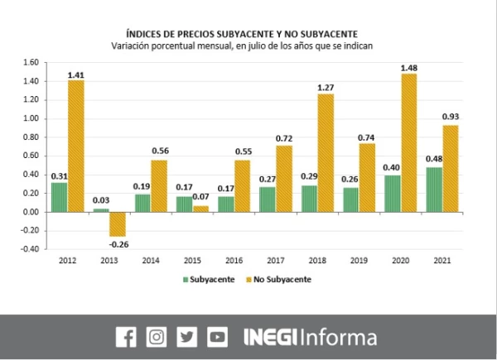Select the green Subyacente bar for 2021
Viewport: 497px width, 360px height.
(434, 190)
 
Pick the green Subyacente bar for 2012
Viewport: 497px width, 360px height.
(60, 197)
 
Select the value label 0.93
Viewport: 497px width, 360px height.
(452, 117)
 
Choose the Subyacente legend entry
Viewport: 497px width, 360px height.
(207, 280)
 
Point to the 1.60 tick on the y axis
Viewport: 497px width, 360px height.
(31, 62)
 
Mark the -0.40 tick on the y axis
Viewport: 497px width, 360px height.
(30, 249)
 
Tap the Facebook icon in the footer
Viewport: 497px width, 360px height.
(126, 337)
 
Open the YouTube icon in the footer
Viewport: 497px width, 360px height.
(217, 337)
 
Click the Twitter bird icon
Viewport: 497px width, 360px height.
(187, 337)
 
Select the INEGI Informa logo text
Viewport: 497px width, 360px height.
(310, 337)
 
